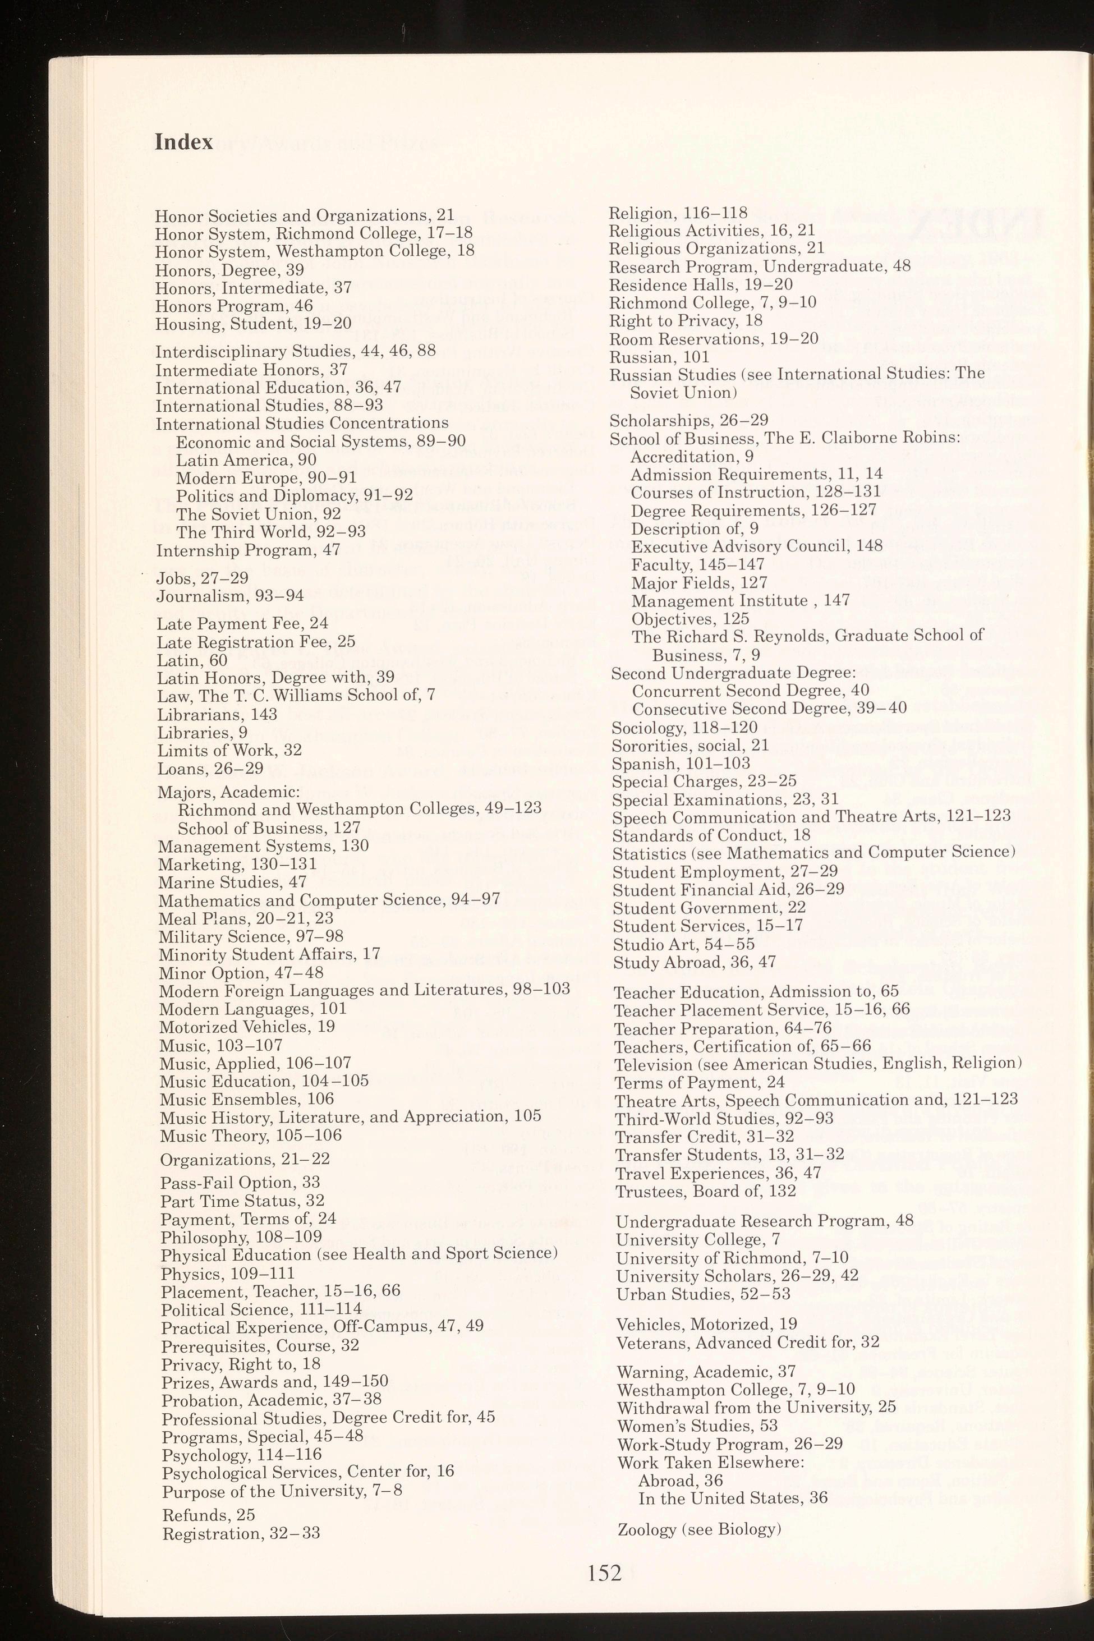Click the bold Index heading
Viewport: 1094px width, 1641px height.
coord(183,143)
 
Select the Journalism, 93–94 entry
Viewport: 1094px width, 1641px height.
coord(229,596)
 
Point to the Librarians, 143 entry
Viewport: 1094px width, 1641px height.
coord(217,714)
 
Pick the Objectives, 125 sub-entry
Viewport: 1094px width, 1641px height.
coord(690,618)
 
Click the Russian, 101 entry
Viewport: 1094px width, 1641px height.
coord(659,357)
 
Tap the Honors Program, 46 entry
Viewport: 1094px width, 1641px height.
coord(234,306)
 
